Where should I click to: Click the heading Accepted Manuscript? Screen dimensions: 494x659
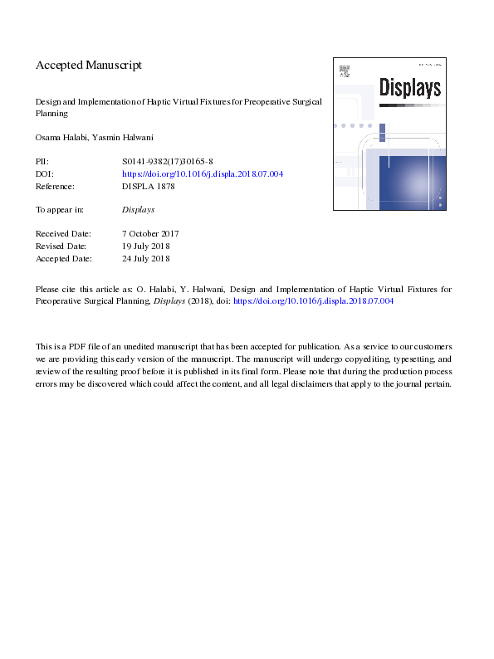(89, 65)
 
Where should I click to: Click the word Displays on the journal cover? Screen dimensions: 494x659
(409, 87)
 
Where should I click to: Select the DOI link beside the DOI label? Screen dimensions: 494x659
(203, 174)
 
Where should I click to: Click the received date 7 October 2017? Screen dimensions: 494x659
(150, 234)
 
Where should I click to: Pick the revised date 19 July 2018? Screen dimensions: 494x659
(145, 247)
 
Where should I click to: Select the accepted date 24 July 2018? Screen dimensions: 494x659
(145, 259)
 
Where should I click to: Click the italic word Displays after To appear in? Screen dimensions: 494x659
(139, 210)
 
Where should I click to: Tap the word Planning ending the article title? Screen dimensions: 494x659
(51, 114)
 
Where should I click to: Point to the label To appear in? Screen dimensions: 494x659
(59, 210)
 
